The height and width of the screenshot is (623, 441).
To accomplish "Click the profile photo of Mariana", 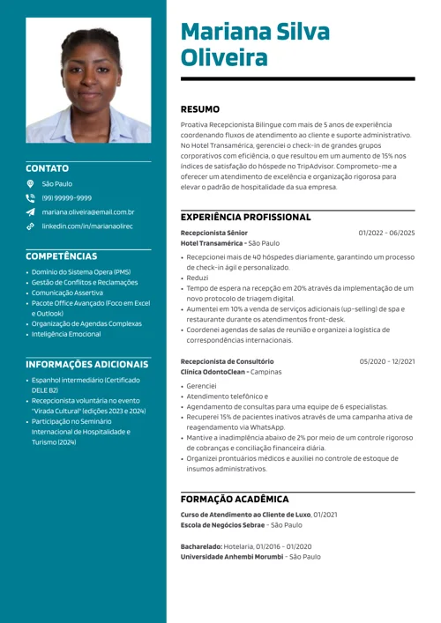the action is (x=88, y=85).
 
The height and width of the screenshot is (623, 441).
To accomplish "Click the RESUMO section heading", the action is (x=200, y=109).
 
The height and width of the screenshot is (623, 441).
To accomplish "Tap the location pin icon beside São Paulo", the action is (x=30, y=184).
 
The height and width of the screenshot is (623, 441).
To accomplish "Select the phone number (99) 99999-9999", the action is (x=66, y=198).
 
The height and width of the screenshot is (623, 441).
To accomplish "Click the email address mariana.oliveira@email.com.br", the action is (x=88, y=212).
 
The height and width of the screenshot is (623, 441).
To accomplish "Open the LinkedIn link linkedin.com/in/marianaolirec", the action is (x=87, y=226).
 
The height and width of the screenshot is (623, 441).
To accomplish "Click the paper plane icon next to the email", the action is (x=30, y=212).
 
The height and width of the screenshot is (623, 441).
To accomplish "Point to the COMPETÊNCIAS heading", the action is (x=61, y=256).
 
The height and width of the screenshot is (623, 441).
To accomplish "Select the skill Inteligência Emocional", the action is (x=66, y=334).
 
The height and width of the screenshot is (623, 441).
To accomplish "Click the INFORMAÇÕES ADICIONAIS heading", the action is (x=86, y=364).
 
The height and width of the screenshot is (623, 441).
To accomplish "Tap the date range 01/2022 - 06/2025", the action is (x=386, y=233).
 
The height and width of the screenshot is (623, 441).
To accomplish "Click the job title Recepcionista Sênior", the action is (x=213, y=233).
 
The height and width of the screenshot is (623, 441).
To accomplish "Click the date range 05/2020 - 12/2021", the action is (x=386, y=361).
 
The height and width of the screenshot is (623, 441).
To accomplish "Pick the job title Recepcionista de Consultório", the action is (x=227, y=361).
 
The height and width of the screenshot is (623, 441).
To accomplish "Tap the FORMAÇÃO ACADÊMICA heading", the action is (x=235, y=499).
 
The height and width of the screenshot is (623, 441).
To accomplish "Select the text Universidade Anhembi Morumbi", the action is (x=232, y=557).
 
